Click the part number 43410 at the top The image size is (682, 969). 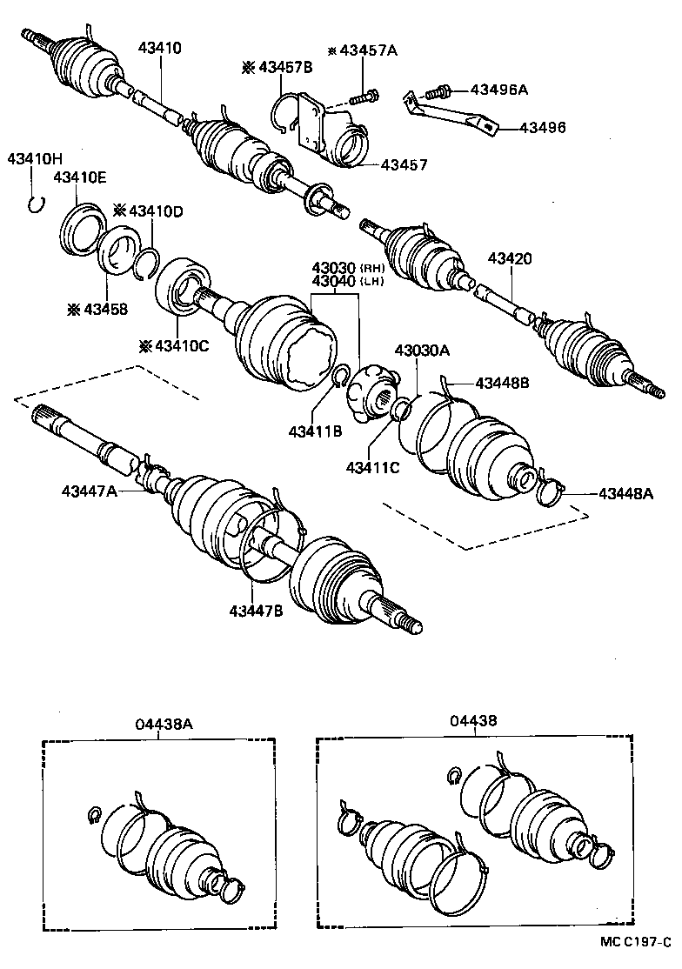pyautogui.click(x=160, y=49)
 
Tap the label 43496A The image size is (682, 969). pyautogui.click(x=499, y=89)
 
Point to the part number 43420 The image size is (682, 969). pyautogui.click(x=510, y=258)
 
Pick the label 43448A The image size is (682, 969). pyautogui.click(x=626, y=494)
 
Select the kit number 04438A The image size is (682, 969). pyautogui.click(x=158, y=723)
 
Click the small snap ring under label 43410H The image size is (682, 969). pyautogui.click(x=35, y=204)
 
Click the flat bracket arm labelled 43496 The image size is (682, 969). pyautogui.click(x=452, y=117)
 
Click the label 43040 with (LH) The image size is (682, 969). pyautogui.click(x=335, y=281)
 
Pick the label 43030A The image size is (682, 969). pyautogui.click(x=422, y=350)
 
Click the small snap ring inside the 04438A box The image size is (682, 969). pyautogui.click(x=96, y=813)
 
